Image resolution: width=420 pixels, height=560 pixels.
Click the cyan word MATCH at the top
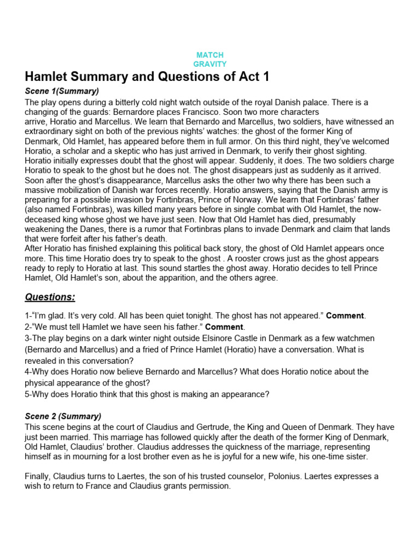210,55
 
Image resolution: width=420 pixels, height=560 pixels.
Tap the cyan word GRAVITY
210,64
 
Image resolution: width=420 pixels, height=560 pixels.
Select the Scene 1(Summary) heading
62,91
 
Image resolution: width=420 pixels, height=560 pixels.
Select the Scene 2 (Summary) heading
63,416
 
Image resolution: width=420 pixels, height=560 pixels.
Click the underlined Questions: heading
50,297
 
